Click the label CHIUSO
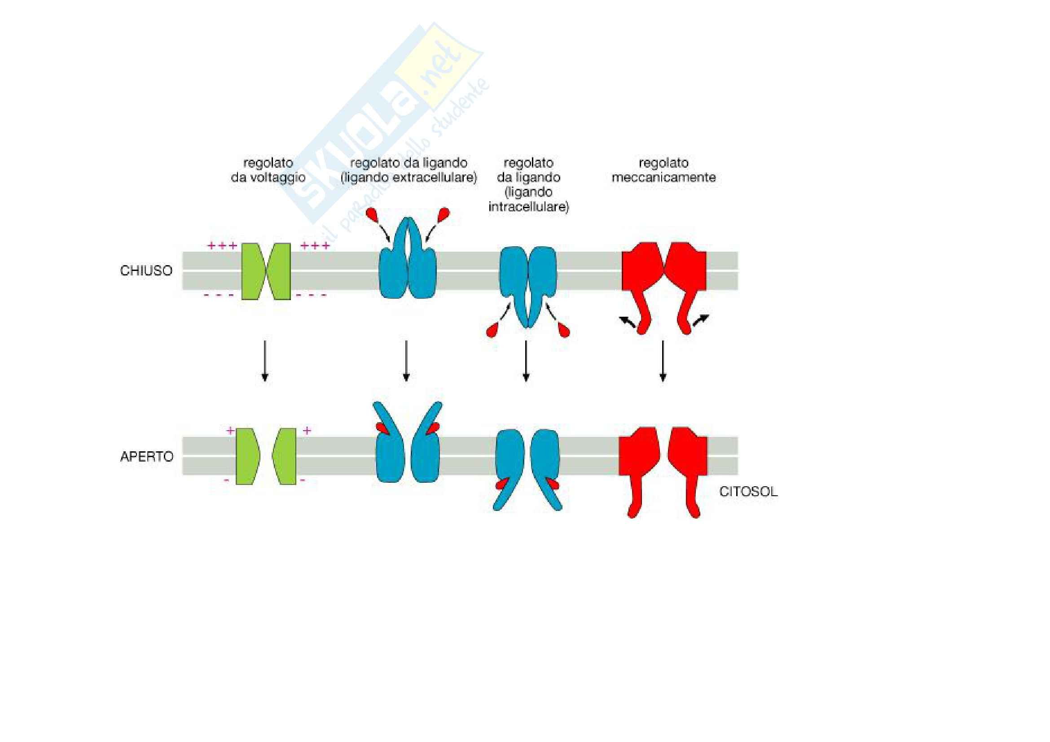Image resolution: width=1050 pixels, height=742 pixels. coord(146,271)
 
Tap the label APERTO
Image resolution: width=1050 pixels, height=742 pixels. coord(146,456)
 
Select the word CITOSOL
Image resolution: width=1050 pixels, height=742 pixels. coord(748,492)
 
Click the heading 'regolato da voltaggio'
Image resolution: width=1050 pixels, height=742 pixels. coord(268,170)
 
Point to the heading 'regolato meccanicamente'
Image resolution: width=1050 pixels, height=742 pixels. coord(663,170)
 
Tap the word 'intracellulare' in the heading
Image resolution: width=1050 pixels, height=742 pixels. coord(529,207)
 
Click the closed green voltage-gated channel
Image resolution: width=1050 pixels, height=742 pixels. coord(266,271)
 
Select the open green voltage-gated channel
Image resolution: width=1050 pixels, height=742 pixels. coord(266,456)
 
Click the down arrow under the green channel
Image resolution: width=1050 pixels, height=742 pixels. coord(265,361)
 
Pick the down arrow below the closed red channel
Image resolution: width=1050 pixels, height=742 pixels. coord(663,361)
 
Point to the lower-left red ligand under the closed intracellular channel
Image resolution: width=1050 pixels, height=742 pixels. coord(493,329)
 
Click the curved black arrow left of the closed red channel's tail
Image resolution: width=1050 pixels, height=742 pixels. coord(627,322)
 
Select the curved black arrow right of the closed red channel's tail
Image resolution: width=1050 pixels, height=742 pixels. coord(701,320)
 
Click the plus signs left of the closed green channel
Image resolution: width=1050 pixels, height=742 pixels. coord(222,246)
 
